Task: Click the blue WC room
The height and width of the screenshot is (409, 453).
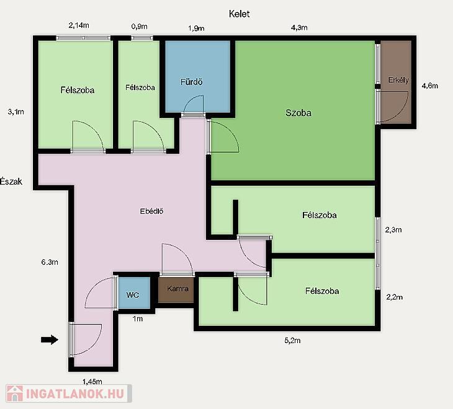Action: click(x=134, y=293)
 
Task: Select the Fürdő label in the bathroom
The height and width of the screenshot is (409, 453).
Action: click(x=191, y=82)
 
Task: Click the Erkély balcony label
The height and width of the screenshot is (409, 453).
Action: click(x=398, y=80)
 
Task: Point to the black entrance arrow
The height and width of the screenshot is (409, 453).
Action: click(x=50, y=339)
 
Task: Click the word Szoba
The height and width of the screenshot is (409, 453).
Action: click(x=298, y=113)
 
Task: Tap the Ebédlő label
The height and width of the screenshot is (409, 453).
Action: click(x=151, y=211)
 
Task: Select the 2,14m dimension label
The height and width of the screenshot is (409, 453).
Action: click(x=79, y=25)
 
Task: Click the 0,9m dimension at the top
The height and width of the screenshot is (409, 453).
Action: click(x=139, y=27)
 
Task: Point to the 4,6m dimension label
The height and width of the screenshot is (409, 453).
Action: click(x=429, y=86)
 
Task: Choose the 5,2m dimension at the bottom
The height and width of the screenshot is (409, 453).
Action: click(x=292, y=341)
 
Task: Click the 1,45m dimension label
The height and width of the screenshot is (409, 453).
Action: click(x=92, y=382)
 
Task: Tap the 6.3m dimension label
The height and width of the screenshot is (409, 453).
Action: click(x=50, y=262)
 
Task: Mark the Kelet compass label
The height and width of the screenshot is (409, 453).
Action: click(x=239, y=14)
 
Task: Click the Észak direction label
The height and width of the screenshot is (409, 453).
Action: click(x=11, y=182)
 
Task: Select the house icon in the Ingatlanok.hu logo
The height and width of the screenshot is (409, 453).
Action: click(x=15, y=393)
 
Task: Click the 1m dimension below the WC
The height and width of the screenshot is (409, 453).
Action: click(x=138, y=319)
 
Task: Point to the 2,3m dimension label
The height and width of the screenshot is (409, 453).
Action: click(x=393, y=230)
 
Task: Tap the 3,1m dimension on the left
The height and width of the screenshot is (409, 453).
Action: click(x=16, y=112)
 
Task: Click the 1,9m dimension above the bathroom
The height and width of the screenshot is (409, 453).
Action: click(x=196, y=28)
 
